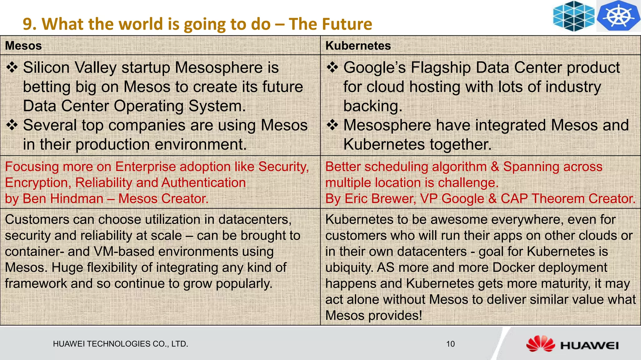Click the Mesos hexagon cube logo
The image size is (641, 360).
[x=574, y=16]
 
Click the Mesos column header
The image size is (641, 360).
[x=23, y=46]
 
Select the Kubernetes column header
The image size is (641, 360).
[x=358, y=46]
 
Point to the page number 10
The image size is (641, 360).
[x=450, y=344]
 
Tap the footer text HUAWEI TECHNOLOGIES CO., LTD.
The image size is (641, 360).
[x=121, y=344]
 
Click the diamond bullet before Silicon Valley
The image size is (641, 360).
[x=12, y=68]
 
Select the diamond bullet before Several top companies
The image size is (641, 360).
[x=12, y=125]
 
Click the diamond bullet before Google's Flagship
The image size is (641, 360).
[x=332, y=68]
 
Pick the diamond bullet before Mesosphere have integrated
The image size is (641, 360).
[x=332, y=125]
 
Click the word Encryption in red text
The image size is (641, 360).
[x=38, y=183]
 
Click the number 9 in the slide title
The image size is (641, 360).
[x=28, y=24]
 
